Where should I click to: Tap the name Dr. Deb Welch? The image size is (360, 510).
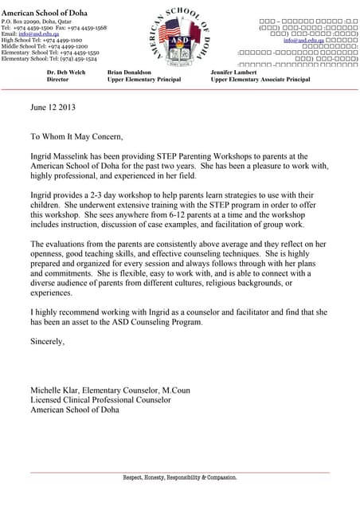[x=65, y=72]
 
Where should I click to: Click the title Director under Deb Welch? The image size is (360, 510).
[x=58, y=80]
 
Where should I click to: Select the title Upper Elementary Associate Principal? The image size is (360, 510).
[x=260, y=80]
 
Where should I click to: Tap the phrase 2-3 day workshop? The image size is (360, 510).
[x=117, y=195]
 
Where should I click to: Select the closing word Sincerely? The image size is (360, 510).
[x=47, y=341]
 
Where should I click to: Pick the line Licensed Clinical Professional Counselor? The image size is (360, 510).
[x=100, y=399]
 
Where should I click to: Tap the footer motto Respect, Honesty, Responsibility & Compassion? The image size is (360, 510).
[x=179, y=477]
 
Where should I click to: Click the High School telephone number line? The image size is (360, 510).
[x=41, y=39]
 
